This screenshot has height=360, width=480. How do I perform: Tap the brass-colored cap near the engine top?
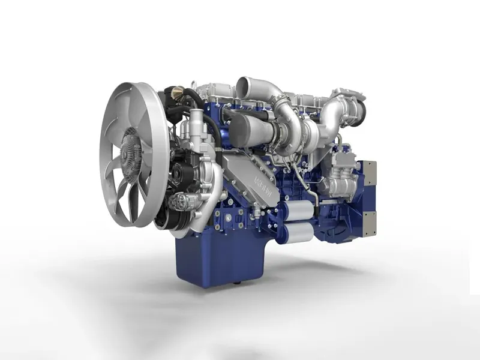[176, 92]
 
